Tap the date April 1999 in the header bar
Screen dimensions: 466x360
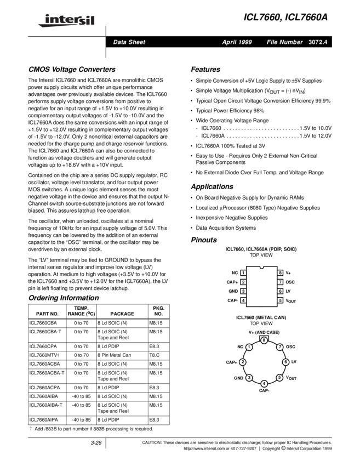tap(237, 42)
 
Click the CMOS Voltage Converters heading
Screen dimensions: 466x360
tap(72, 70)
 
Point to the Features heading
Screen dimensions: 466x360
tap(205, 70)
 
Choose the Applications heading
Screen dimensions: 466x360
tap(212, 186)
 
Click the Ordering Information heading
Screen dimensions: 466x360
tap(63, 298)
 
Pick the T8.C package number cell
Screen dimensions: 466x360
tap(156, 355)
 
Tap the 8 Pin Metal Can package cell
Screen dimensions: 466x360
tap(114, 355)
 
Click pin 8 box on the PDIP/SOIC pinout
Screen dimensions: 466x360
tap(280, 272)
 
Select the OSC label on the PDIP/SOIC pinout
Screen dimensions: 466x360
tap(290, 282)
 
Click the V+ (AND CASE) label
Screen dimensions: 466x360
tap(264, 332)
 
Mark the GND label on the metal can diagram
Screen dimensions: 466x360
tap(238, 378)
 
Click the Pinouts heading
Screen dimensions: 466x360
tap(204, 240)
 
